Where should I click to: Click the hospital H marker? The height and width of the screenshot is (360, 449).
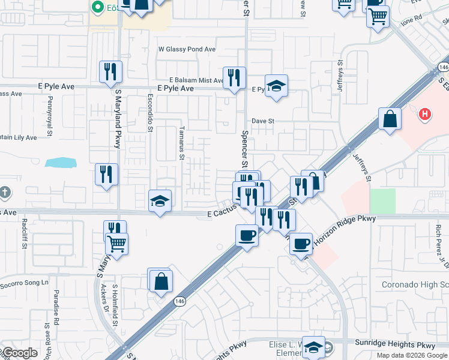coord(425,113)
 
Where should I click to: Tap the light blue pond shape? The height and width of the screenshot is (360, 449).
coord(61,163)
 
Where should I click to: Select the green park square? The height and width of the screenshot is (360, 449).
coord(382,201)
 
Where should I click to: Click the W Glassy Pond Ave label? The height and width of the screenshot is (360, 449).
coord(187,49)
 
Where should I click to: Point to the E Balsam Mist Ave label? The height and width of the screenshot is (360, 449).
coord(196,80)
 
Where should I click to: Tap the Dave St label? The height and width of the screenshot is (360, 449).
coord(263,121)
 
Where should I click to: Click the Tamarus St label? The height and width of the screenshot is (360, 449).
coord(181,143)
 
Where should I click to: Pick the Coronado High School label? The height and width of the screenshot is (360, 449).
coord(415,284)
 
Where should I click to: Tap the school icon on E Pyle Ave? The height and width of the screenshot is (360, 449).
coord(276,86)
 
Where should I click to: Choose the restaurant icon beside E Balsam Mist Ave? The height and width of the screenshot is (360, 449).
coord(234,77)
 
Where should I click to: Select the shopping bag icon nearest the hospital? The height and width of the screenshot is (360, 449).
coord(390,118)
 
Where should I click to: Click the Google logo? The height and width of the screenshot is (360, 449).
coord(20,353)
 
